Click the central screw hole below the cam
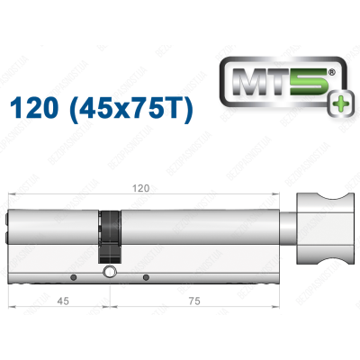109,273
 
